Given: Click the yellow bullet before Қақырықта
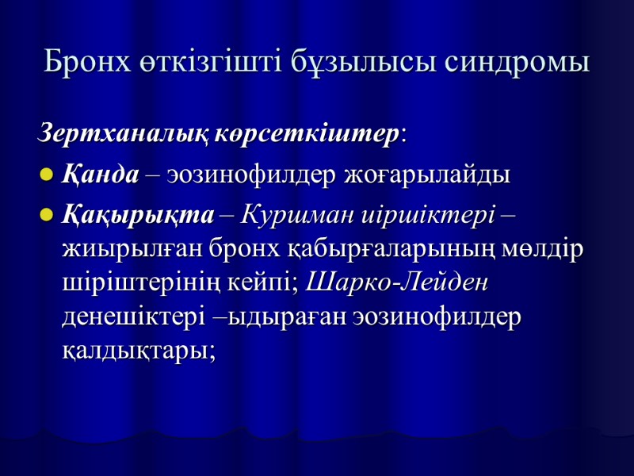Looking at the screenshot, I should (46, 216).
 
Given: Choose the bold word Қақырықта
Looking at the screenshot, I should (138, 215).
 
